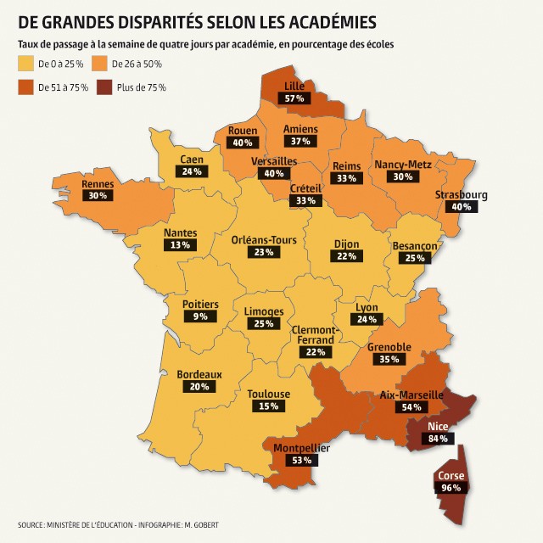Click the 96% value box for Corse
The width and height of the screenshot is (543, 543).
coord(451,488)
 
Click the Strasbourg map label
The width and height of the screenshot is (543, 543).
coord(462,194)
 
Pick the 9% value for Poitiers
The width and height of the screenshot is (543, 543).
coord(200,316)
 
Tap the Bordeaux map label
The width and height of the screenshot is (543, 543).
coord(199,374)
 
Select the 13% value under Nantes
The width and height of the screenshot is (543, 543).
coord(179,244)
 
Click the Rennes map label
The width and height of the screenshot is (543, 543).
coord(98,183)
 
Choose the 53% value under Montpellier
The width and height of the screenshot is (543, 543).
coord(301,460)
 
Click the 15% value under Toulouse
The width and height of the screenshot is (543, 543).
coord(268,406)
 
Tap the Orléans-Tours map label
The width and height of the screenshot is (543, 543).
coord(264,240)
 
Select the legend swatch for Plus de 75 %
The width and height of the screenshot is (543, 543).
coord(104,87)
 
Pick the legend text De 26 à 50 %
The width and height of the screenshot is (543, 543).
coord(137,64)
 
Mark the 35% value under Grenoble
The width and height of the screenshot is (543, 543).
coord(389,360)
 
